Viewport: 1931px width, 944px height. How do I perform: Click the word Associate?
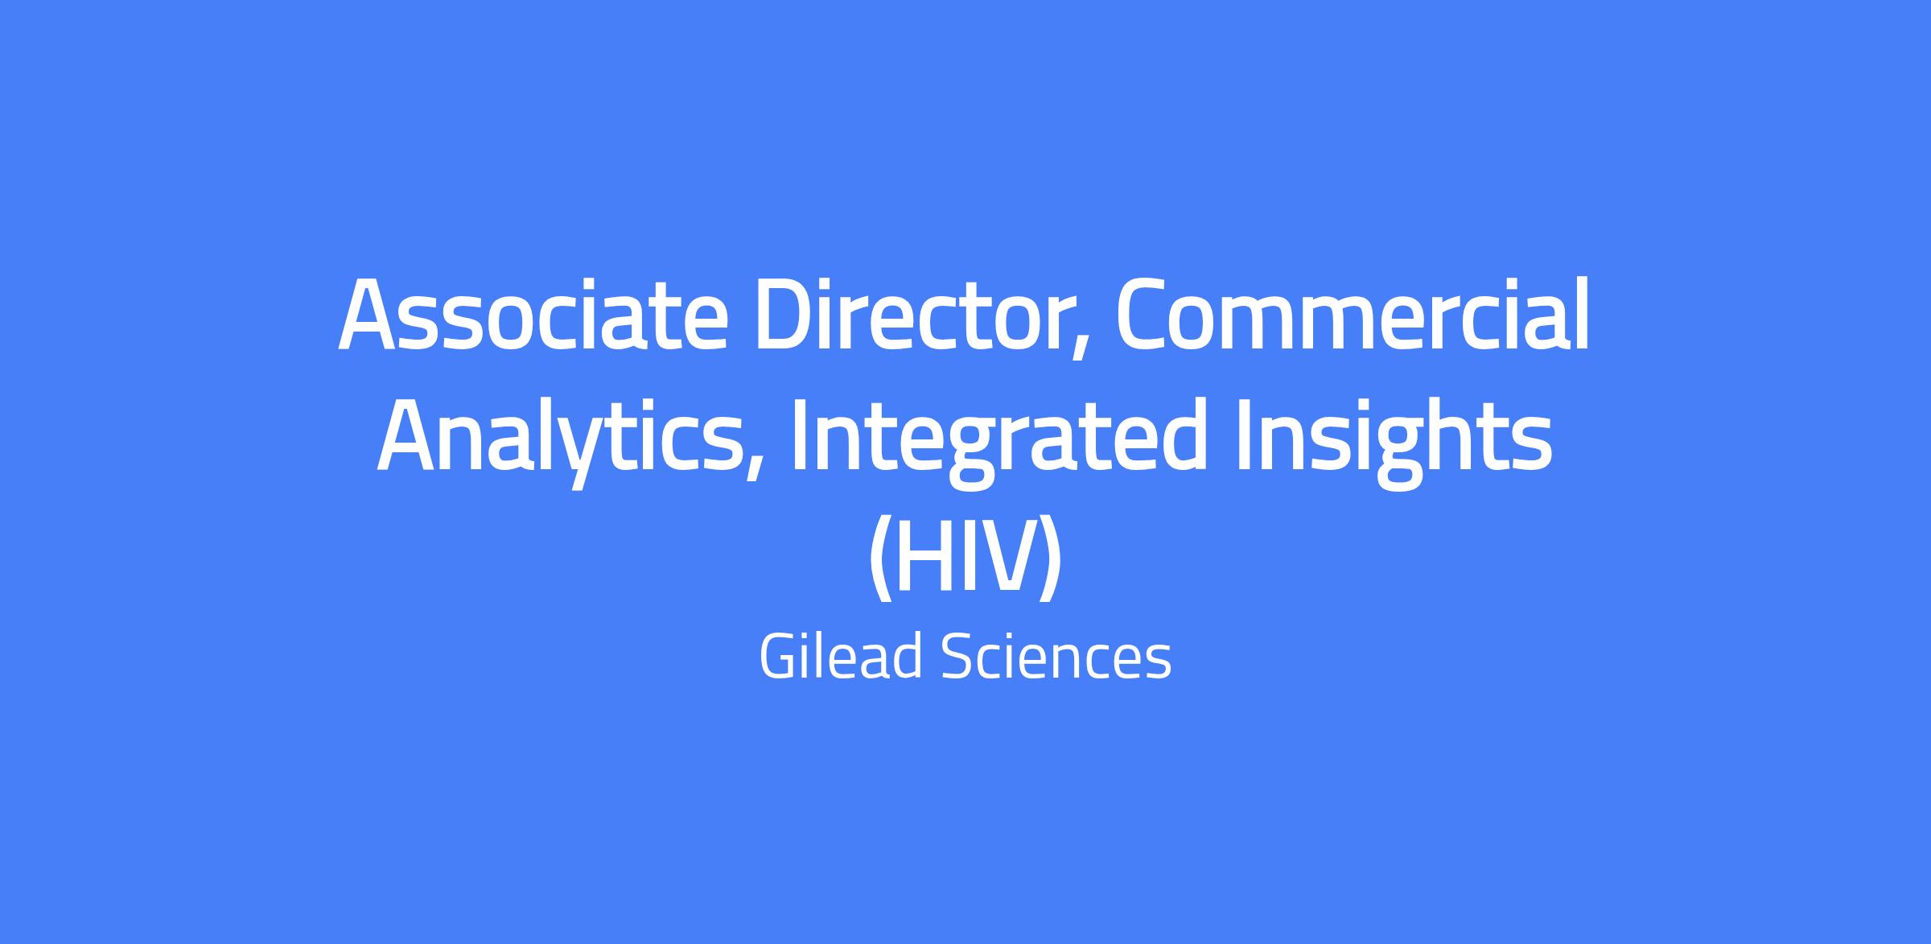tap(533, 315)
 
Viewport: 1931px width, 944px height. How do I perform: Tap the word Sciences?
tap(1056, 656)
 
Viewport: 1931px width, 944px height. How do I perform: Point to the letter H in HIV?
tap(928, 555)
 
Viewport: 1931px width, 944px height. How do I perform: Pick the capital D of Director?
tap(787, 315)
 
